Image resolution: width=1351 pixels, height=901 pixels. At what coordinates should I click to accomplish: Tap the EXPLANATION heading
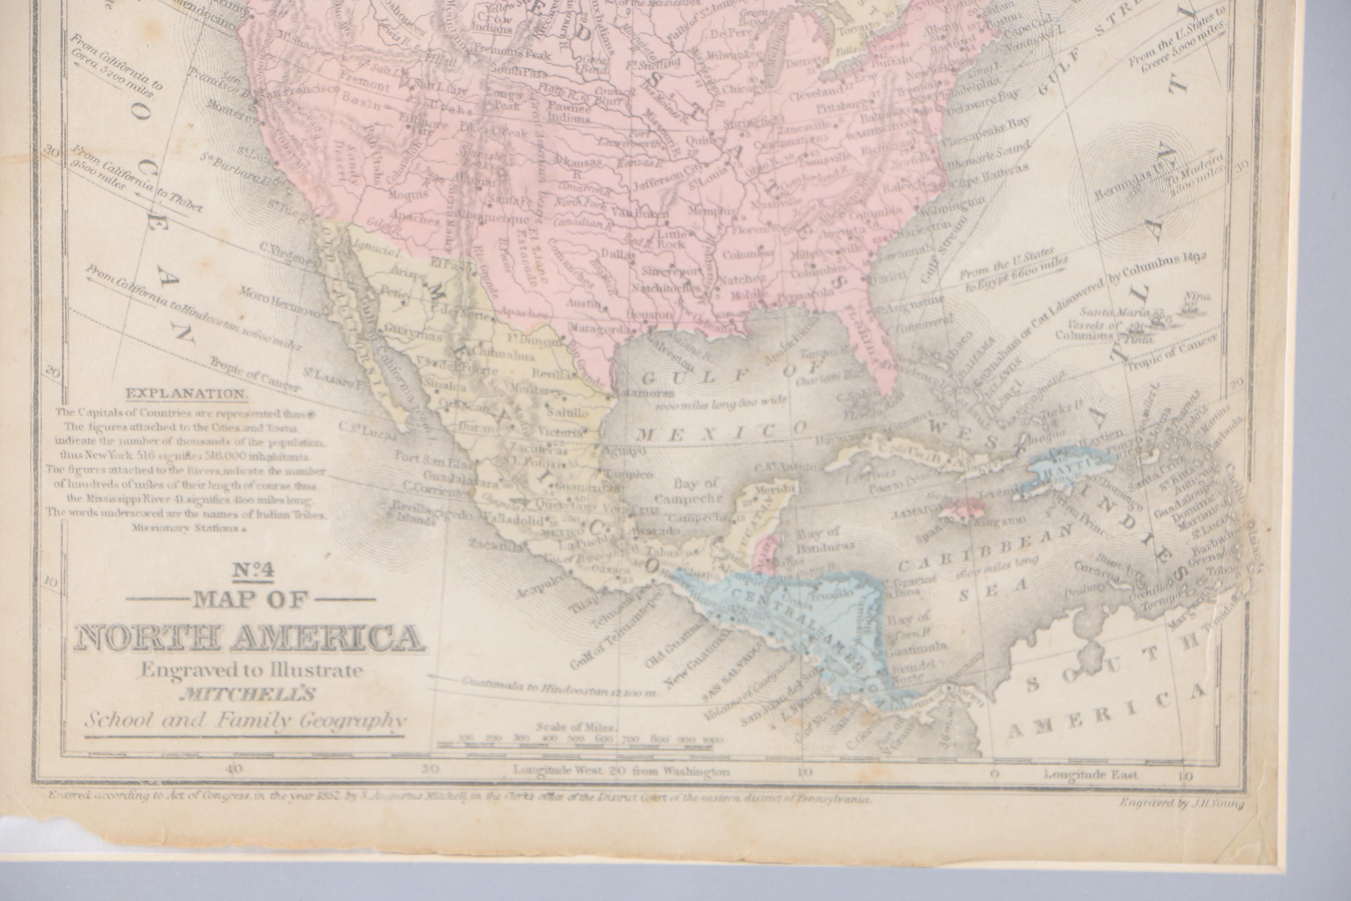tap(187, 394)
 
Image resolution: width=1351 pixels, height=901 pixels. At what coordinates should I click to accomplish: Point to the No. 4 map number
tap(253, 570)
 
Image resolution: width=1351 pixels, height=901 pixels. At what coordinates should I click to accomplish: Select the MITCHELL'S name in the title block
tap(248, 695)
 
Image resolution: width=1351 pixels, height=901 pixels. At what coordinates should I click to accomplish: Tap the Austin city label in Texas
tap(584, 302)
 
